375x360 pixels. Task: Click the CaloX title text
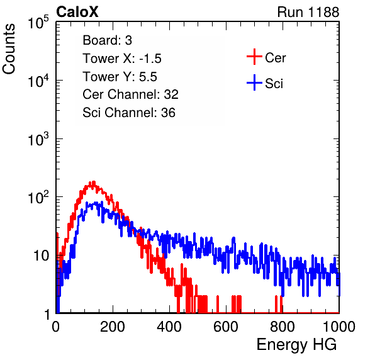(x=77, y=12)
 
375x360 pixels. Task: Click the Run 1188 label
(x=308, y=12)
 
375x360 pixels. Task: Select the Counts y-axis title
(x=9, y=49)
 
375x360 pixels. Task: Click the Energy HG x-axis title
(x=296, y=345)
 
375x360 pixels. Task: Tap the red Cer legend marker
(x=254, y=57)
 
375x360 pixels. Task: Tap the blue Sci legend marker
(x=254, y=83)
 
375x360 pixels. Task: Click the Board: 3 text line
(x=107, y=40)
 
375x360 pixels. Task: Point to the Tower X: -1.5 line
(x=122, y=59)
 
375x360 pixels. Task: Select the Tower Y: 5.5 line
(x=120, y=77)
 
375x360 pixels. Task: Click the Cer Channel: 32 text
(x=130, y=94)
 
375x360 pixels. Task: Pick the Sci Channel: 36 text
(x=129, y=113)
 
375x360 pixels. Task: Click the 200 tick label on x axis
(x=113, y=327)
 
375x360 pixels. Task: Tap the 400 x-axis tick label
(x=169, y=327)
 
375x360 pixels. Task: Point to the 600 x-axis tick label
(x=226, y=327)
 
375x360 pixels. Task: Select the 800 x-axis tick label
(x=283, y=327)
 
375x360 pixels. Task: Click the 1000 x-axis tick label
(x=339, y=327)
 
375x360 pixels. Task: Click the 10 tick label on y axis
(x=42, y=256)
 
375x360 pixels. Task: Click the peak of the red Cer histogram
(x=94, y=181)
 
